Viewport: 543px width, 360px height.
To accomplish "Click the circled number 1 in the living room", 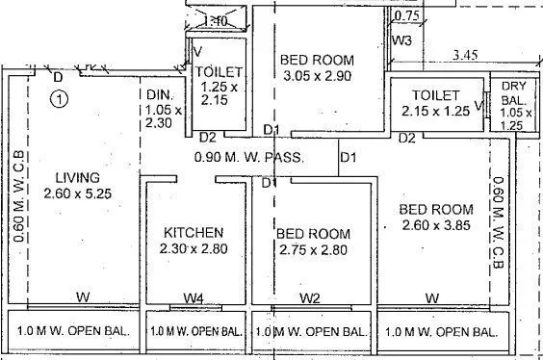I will (60, 97).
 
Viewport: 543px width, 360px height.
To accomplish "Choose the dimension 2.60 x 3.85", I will (436, 226).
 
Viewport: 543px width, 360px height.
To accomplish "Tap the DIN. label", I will (159, 94).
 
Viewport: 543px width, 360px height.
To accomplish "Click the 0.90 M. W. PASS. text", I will (249, 158).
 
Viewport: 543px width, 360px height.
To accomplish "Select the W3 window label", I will (403, 40).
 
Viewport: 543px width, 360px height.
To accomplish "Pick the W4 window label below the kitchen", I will (193, 297).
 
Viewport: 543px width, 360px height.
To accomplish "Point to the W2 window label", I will (309, 297).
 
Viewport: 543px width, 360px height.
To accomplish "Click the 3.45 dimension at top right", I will (467, 58).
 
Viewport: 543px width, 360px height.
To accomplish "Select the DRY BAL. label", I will (513, 93).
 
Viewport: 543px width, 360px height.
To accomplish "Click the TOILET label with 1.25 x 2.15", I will (220, 72).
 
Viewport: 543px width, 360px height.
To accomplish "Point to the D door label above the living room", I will (59, 76).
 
